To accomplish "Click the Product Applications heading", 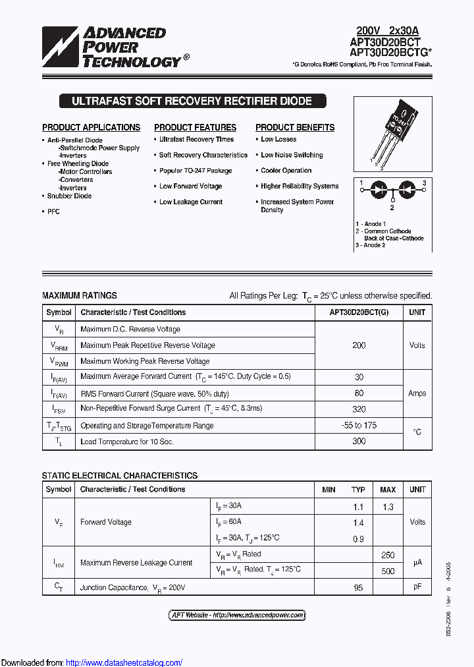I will [91, 127].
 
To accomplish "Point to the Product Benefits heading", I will [295, 127].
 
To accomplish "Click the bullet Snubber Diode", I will [69, 196].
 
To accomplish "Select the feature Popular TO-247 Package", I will [196, 171].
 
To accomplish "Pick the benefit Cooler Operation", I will [286, 171].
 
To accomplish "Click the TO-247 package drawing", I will [394, 135].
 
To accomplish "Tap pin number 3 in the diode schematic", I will [425, 183].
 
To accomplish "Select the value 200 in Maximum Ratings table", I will [359, 345].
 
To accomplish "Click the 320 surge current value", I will [359, 409].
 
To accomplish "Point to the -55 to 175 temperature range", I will [359, 425].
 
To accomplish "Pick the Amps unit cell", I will [417, 393].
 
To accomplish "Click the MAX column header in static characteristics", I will [388, 490].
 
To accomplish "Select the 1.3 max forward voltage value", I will [388, 506].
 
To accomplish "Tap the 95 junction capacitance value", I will [358, 587].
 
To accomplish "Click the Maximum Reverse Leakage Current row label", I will [136, 563].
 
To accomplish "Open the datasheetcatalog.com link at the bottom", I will [124, 662].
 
